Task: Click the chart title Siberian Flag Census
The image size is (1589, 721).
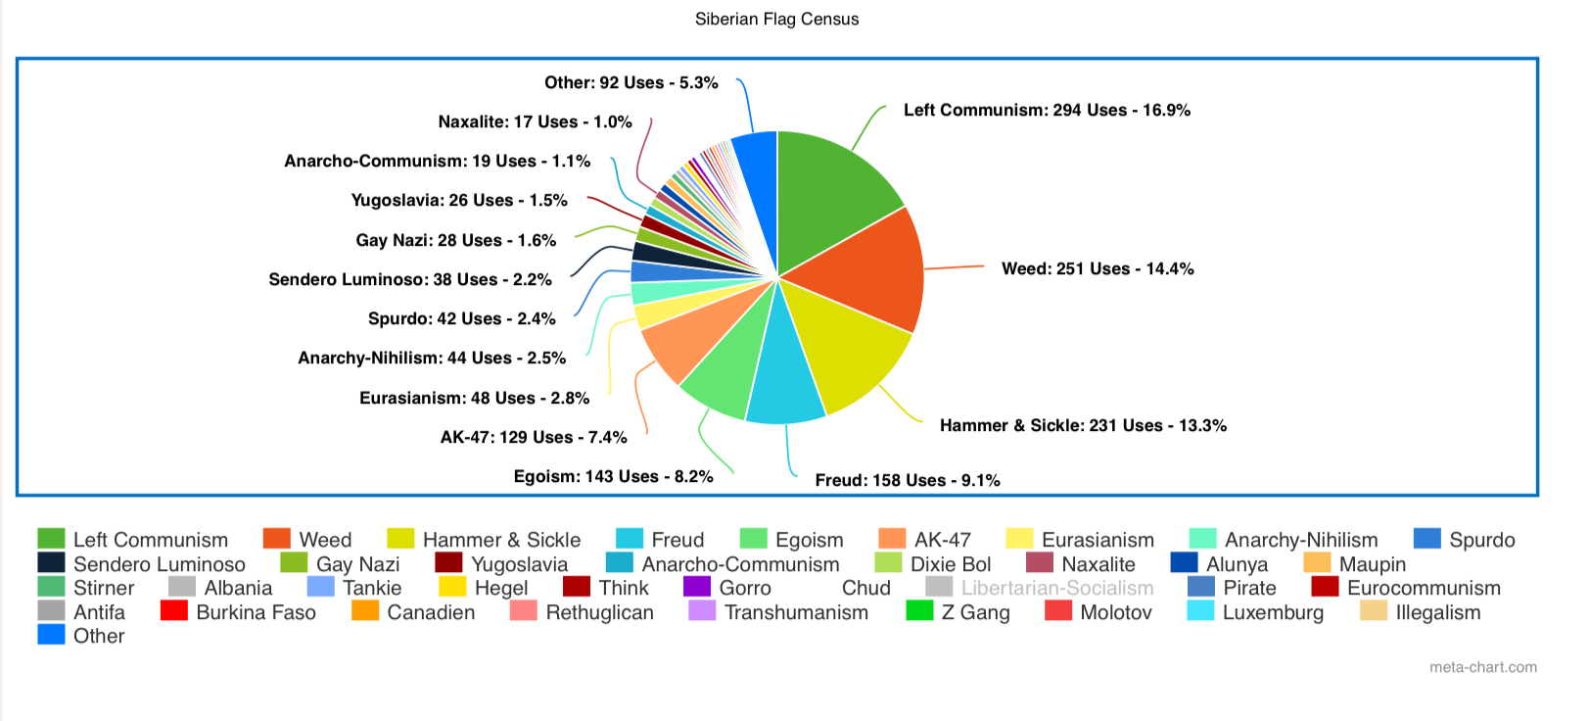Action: click(776, 20)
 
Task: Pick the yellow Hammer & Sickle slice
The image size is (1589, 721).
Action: click(842, 343)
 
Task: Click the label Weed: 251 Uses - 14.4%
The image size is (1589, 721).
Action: click(1098, 268)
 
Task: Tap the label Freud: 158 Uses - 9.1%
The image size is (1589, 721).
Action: click(908, 480)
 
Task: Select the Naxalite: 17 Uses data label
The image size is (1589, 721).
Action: click(535, 121)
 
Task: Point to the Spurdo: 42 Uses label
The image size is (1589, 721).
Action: click(461, 318)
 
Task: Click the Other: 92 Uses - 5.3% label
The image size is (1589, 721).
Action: click(631, 82)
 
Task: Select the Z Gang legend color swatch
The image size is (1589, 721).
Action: click(920, 611)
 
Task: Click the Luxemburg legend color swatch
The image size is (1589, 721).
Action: click(1200, 611)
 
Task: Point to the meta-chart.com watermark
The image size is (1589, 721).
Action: click(1482, 667)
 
